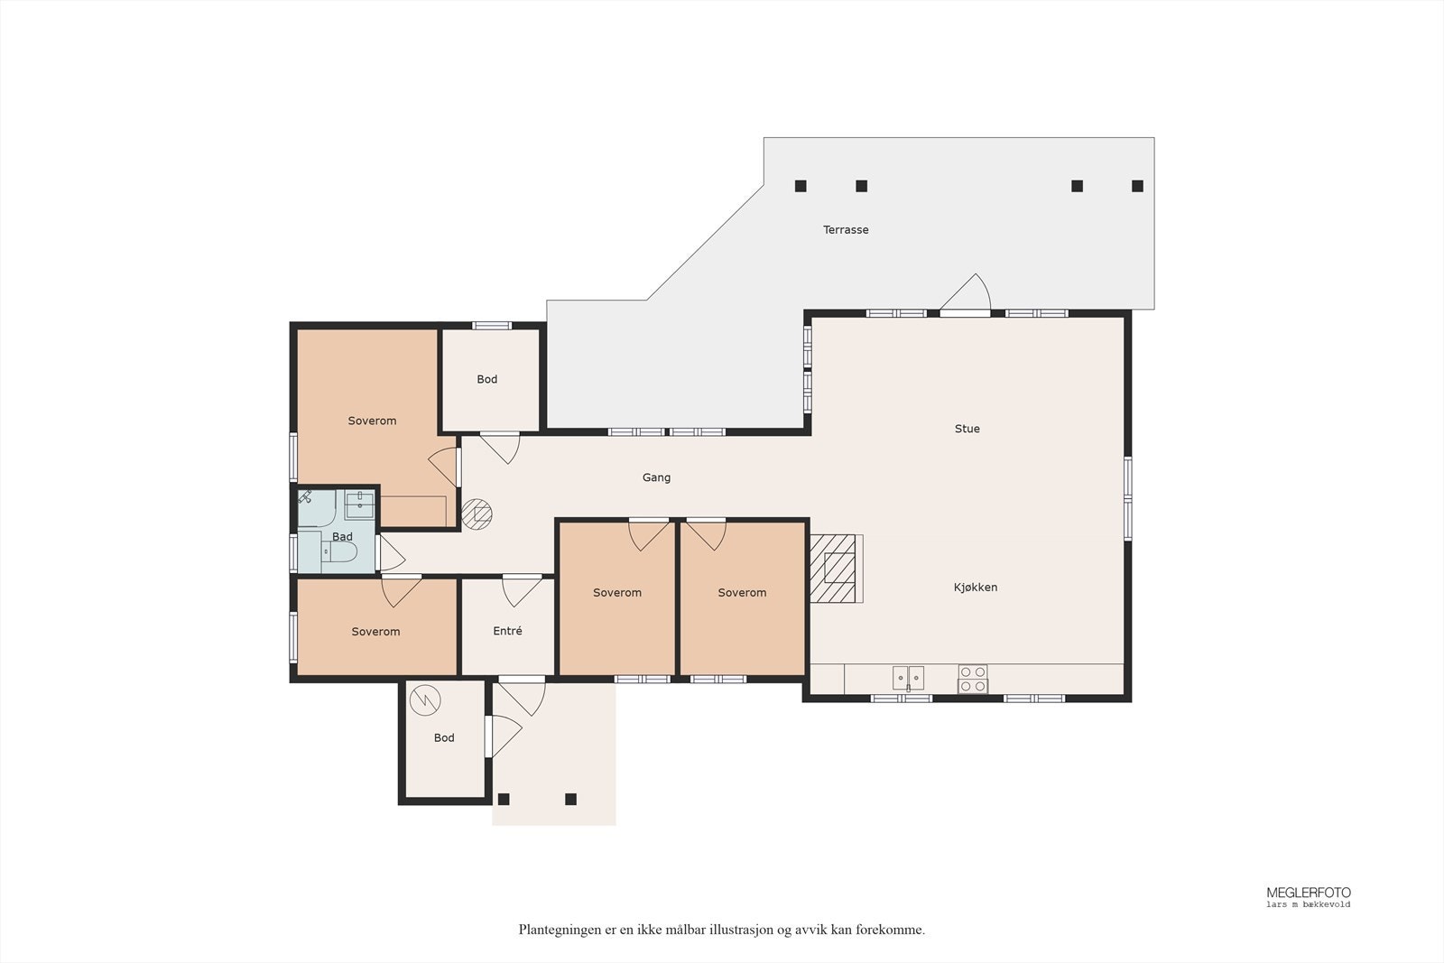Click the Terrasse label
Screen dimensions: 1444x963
pyautogui.click(x=846, y=229)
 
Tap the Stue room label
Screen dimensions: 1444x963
pyautogui.click(x=967, y=429)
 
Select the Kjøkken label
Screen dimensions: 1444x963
pyautogui.click(x=976, y=588)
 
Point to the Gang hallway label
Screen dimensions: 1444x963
pyautogui.click(x=656, y=477)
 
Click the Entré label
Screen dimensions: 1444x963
pyautogui.click(x=507, y=631)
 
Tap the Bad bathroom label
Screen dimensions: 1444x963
pyautogui.click(x=342, y=537)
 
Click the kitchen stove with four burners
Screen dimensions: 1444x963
pyautogui.click(x=973, y=680)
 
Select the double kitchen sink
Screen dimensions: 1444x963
pyautogui.click(x=908, y=679)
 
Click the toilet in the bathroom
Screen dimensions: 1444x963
pyautogui.click(x=339, y=551)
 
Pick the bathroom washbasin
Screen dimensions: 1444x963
pyautogui.click(x=359, y=505)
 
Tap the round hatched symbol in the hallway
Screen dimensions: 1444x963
pyautogui.click(x=477, y=514)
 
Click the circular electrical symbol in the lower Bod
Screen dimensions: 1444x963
pyautogui.click(x=425, y=700)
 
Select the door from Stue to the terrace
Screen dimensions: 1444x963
pyautogui.click(x=965, y=295)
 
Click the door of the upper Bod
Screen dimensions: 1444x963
pyautogui.click(x=500, y=448)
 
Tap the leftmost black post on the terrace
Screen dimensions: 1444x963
pyautogui.click(x=801, y=186)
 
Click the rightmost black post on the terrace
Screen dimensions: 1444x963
pyautogui.click(x=1138, y=186)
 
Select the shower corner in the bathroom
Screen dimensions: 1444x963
pyautogui.click(x=316, y=508)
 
